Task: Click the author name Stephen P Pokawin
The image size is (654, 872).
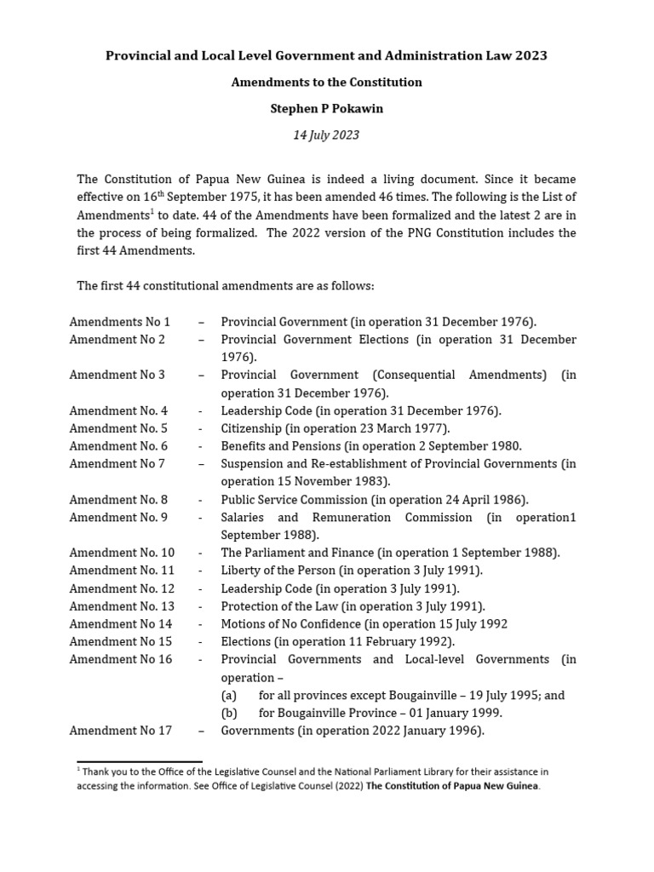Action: (327, 108)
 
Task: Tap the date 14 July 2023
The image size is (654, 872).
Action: (327, 135)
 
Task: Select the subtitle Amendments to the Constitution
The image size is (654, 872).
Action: (327, 82)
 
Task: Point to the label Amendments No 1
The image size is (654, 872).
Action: (119, 322)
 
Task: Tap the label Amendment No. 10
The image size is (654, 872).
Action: (122, 553)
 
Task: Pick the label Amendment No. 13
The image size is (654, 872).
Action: (122, 606)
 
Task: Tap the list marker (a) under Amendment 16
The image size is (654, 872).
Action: (229, 695)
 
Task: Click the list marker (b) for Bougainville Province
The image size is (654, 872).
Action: (229, 713)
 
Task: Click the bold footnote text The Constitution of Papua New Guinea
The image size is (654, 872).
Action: (452, 786)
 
